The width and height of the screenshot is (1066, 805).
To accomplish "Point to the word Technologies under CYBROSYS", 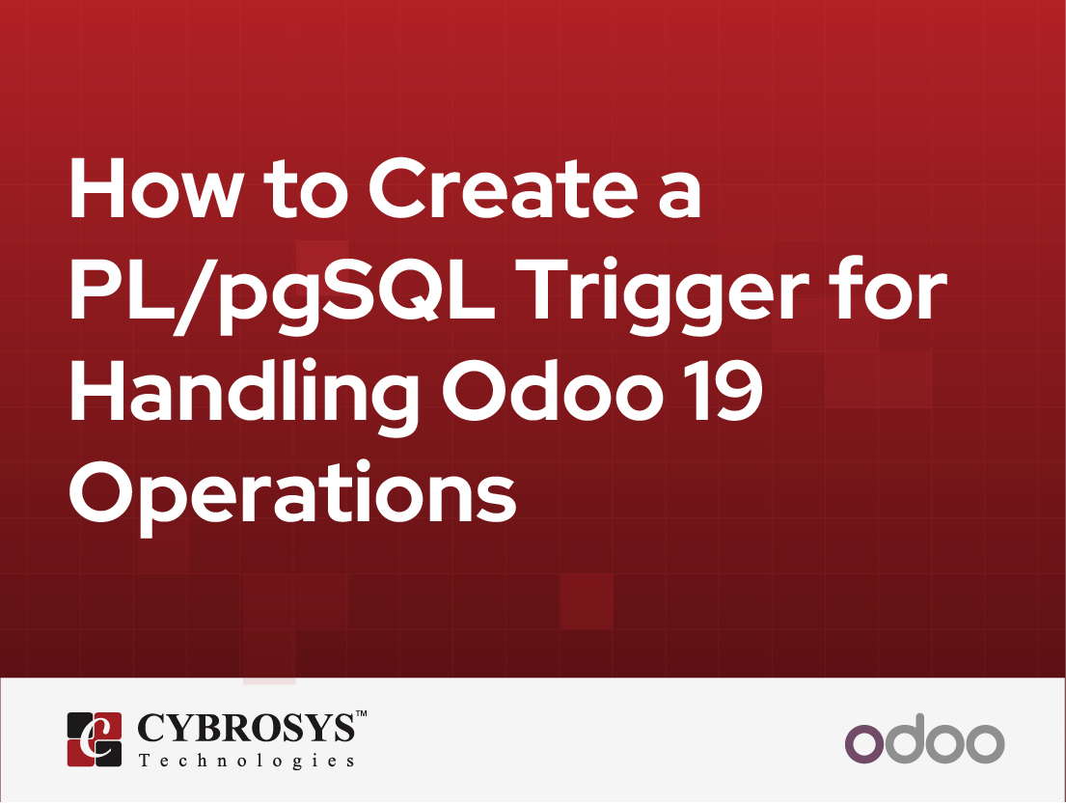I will [246, 761].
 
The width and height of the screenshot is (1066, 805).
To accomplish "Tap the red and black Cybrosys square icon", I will [95, 739].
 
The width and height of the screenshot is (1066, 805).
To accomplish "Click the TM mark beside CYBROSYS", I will [362, 715].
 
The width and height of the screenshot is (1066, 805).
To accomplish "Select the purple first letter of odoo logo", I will [863, 743].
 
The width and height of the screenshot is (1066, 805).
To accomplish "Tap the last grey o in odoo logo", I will [984, 743].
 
